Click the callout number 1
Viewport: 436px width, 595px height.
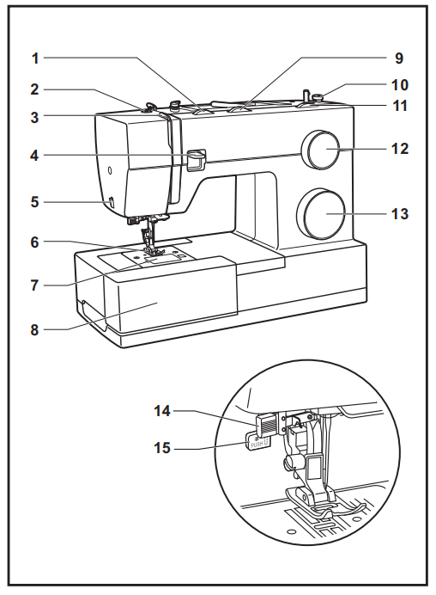coord(36,58)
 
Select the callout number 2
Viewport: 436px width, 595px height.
coord(36,89)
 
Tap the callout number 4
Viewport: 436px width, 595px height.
coord(36,156)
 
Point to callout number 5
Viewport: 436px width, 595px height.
coord(36,202)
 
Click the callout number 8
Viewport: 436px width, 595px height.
coord(36,327)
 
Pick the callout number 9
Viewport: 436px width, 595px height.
coord(398,58)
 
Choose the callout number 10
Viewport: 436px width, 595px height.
coord(400,85)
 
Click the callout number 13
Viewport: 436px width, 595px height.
coord(400,212)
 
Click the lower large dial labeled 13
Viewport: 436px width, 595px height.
coord(321,212)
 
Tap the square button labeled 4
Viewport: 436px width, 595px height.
coord(195,159)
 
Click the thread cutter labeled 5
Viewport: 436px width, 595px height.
coord(111,203)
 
